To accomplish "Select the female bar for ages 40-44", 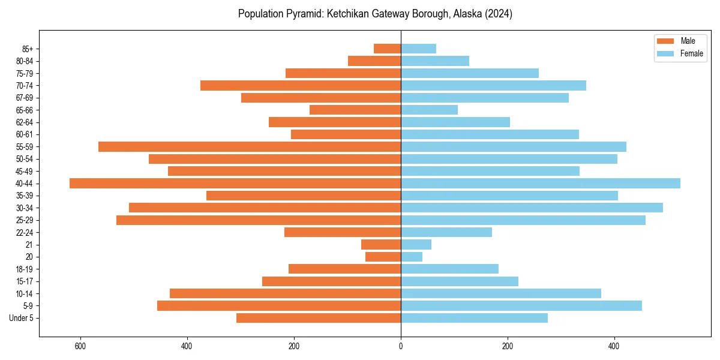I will [540, 183].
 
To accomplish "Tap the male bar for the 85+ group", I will [387, 49].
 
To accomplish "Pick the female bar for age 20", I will [412, 257].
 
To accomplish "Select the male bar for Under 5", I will [319, 318].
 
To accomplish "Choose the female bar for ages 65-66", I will [429, 110].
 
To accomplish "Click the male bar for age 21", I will [381, 244].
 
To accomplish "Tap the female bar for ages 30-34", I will [532, 208].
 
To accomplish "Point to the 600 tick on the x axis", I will [80, 346].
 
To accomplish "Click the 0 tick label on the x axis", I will [401, 346].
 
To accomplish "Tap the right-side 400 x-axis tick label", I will [614, 346].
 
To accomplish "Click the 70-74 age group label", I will [25, 85].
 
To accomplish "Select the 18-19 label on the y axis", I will [25, 269].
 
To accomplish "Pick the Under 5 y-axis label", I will [21, 318].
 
